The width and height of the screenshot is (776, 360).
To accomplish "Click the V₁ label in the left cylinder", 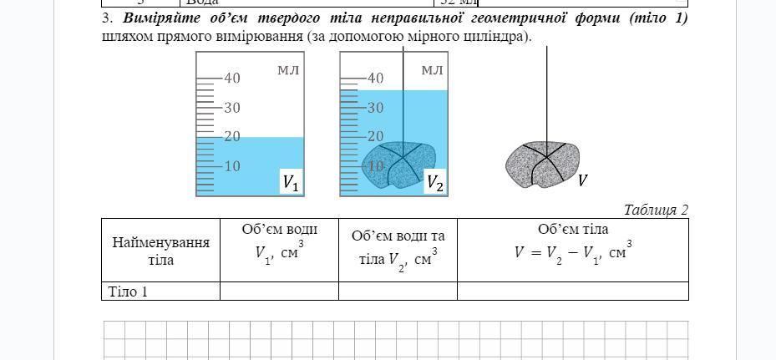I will click(x=290, y=182).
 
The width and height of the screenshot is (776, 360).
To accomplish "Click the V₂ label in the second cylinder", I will click(x=434, y=182).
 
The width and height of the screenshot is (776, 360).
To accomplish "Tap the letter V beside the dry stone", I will click(x=583, y=180).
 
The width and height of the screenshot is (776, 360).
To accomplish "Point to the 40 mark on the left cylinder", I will click(x=231, y=79).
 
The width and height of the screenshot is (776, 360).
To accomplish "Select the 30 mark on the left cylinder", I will click(x=231, y=108).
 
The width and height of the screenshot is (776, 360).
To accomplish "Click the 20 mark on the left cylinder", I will click(x=231, y=137).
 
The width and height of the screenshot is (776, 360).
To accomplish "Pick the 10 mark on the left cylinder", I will click(x=231, y=166).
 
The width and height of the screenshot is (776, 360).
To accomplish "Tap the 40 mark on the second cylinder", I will click(x=375, y=79).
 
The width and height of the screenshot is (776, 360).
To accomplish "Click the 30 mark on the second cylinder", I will click(x=375, y=108).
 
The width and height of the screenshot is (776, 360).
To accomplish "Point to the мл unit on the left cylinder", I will click(x=288, y=69).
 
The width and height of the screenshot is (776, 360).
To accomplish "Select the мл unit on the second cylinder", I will click(x=432, y=69).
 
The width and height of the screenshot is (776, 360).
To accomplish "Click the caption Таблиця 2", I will click(x=656, y=210).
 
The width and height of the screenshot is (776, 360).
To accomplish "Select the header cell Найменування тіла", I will click(x=160, y=251).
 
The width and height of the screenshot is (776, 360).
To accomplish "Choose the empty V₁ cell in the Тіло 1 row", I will click(x=279, y=292).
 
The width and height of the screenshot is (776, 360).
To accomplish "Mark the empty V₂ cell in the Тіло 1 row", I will click(x=398, y=292).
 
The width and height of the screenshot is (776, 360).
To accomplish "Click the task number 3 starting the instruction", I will click(x=106, y=18).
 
